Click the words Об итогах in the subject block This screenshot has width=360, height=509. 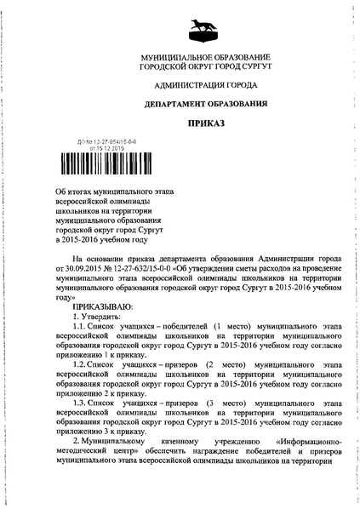point(71,195)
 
